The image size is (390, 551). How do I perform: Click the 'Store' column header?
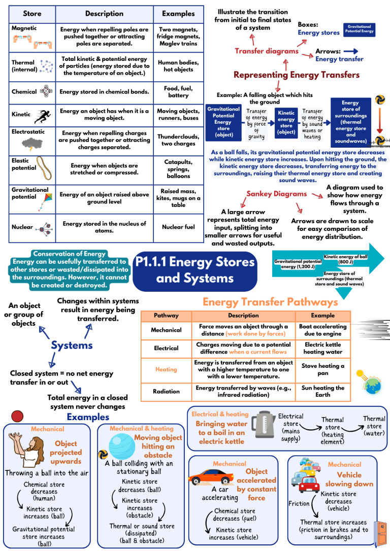click(32, 14)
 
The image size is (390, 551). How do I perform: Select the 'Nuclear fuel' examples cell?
click(178, 227)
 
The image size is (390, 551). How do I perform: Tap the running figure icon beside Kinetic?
click(42, 116)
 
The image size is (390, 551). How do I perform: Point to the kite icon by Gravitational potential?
click(42, 200)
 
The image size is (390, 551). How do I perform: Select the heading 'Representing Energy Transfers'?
click(296, 75)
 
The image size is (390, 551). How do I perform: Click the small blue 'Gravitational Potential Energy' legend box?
click(360, 29)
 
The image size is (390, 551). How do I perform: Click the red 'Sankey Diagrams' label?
click(276, 194)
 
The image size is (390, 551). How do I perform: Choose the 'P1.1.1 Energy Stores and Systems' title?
click(196, 270)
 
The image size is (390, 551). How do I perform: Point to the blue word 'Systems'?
click(72, 346)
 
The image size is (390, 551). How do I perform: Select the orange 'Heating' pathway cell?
click(166, 370)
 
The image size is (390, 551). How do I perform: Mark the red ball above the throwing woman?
click(18, 416)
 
